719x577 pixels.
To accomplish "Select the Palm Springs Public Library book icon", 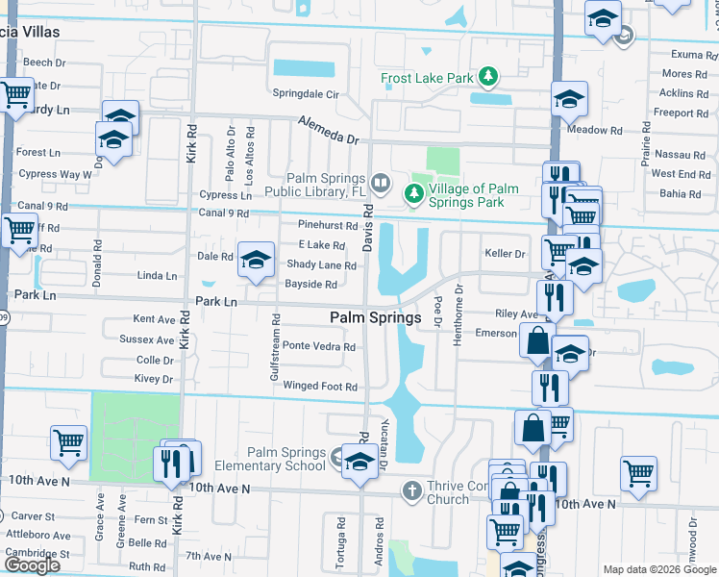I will [382, 183].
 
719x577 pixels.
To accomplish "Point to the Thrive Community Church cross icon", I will [411, 491].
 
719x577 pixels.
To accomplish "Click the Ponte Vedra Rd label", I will [319, 346].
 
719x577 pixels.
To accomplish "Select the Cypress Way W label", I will [47, 174].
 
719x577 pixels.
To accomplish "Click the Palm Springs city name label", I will [375, 317].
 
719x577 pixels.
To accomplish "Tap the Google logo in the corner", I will [32, 565].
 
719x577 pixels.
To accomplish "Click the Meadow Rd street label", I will [596, 130].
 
